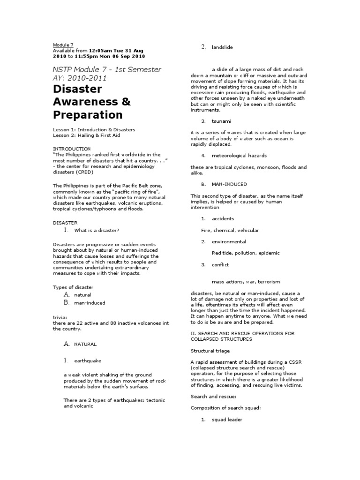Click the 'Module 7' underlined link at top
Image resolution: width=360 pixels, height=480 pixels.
[x=61, y=45]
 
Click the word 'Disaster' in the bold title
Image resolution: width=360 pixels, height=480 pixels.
[x=77, y=89]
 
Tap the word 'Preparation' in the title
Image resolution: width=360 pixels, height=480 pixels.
[x=88, y=115]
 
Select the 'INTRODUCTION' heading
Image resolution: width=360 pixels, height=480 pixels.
[x=72, y=148]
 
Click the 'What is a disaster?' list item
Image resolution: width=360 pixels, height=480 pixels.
[x=97, y=230]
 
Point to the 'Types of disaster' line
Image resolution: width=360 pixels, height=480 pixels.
[x=73, y=287]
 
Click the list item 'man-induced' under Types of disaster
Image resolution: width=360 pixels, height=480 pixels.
[x=90, y=303]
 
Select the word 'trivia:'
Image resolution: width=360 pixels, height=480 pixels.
[x=60, y=317]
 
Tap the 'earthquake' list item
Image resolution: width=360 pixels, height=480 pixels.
[x=87, y=361]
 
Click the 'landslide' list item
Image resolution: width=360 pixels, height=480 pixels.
[x=222, y=47]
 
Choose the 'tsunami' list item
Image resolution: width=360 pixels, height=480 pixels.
[x=221, y=121]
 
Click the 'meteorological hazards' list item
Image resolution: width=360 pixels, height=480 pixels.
[x=239, y=156]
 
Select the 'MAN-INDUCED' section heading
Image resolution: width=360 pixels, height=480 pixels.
[x=229, y=184]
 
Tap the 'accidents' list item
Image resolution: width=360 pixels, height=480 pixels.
[x=223, y=219]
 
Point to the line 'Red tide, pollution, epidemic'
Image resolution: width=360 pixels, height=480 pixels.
[x=245, y=253]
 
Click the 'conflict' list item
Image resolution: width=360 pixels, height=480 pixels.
[x=220, y=265]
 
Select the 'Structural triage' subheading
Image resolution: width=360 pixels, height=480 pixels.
[x=210, y=350]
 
